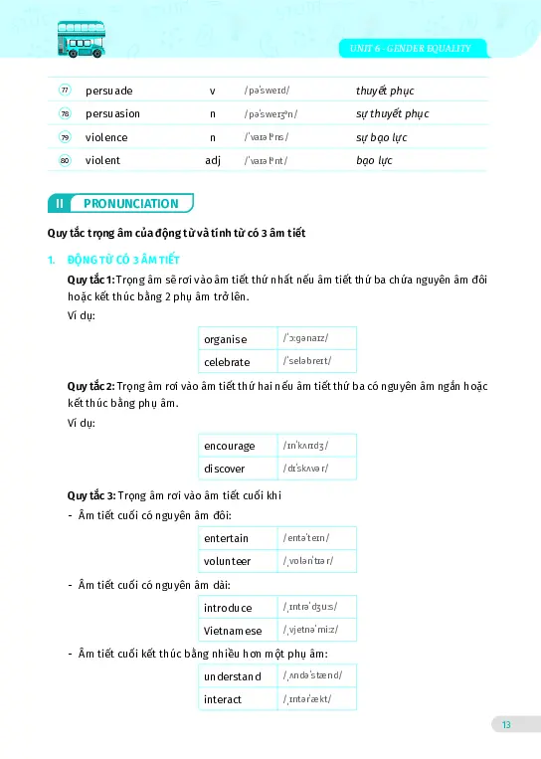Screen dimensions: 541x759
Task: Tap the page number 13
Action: [x=506, y=725]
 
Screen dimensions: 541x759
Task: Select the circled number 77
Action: [x=65, y=91]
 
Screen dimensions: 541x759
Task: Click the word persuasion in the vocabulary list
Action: [x=112, y=113]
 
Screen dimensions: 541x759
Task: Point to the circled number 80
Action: [x=65, y=159]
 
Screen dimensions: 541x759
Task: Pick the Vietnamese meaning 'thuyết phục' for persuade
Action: [x=386, y=91]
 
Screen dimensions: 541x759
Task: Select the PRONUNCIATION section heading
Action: [x=131, y=203]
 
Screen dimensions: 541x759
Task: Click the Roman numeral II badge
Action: [x=60, y=203]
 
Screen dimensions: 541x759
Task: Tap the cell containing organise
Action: [x=239, y=338]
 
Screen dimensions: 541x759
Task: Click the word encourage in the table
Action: [x=239, y=445]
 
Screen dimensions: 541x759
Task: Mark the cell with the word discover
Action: [x=239, y=468]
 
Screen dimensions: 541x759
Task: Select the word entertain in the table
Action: [x=239, y=538]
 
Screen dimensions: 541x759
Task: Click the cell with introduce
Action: [x=239, y=607]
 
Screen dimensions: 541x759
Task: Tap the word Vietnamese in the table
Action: [x=239, y=630]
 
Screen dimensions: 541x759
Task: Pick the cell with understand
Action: [x=239, y=676]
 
